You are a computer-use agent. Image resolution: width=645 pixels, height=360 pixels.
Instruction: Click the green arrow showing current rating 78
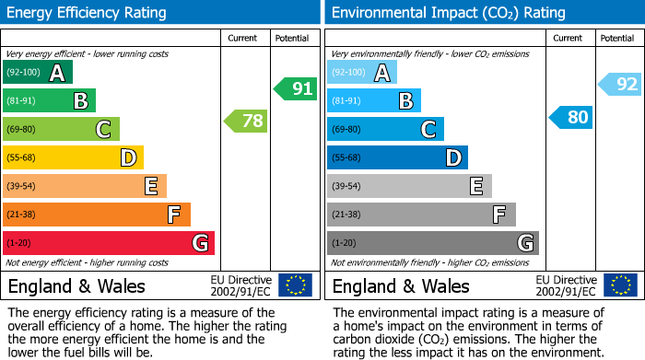245,121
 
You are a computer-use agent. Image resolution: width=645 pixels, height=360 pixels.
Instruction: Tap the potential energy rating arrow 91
295,89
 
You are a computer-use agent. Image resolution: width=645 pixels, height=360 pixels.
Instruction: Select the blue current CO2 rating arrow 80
570,118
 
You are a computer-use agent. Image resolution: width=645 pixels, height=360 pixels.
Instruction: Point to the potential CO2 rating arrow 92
620,85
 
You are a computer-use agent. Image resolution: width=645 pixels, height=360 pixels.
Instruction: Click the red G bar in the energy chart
109,243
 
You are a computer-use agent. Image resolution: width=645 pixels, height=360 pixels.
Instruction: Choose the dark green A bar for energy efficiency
38,72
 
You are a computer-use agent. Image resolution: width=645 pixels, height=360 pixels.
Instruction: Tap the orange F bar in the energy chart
97,215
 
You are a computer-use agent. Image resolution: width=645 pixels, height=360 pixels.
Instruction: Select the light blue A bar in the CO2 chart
362,72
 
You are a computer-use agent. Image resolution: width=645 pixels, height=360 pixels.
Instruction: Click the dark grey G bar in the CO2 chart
433,243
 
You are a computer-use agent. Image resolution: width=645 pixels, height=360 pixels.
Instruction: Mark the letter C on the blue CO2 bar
428,130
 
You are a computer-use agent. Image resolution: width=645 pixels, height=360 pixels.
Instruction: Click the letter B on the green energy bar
80,101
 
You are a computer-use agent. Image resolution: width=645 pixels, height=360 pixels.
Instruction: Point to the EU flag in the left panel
295,285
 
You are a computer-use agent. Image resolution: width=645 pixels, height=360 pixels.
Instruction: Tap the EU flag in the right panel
619,285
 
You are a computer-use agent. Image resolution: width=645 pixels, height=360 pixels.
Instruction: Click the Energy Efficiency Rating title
88,13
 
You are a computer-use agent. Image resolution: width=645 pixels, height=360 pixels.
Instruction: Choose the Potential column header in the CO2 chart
617,38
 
